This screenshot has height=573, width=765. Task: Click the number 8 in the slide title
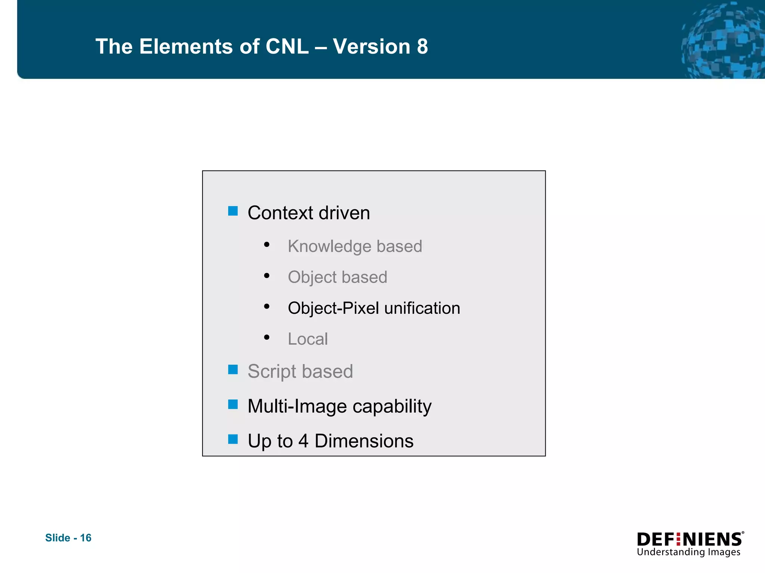tap(422, 47)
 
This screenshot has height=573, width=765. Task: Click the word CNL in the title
tap(287, 47)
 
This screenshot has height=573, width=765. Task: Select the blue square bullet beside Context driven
tap(233, 211)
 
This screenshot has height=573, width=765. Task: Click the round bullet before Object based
tap(266, 276)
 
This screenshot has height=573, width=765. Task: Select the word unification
tap(422, 308)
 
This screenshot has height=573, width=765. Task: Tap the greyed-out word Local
tap(307, 339)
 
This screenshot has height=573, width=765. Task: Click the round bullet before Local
tap(266, 338)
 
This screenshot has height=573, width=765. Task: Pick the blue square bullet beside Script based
tap(233, 369)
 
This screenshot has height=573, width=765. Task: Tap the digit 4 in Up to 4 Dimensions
tap(303, 441)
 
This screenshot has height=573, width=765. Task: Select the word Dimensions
tap(364, 441)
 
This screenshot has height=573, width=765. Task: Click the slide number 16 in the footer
tap(86, 538)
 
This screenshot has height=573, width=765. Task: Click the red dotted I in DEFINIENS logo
tap(678, 540)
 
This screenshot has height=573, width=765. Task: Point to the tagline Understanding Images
tap(688, 552)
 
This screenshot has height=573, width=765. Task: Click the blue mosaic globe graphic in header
tap(723, 41)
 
